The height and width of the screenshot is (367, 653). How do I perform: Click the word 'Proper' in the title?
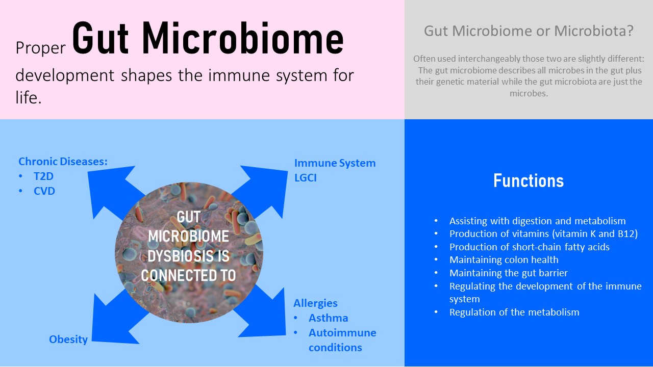(40, 47)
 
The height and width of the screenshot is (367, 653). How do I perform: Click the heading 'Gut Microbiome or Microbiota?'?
(529, 31)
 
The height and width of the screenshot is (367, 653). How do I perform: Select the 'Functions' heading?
(529, 180)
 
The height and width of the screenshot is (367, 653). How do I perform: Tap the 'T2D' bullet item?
(44, 176)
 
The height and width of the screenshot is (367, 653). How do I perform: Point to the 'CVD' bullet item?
(44, 191)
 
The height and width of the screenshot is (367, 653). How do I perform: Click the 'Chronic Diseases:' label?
(63, 162)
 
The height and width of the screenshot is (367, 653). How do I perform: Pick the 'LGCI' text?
(306, 178)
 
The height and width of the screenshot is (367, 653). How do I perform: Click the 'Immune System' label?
(335, 163)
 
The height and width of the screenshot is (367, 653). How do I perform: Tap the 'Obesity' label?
(68, 339)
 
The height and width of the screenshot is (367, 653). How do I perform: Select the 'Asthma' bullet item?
(328, 318)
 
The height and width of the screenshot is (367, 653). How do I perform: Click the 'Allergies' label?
(315, 303)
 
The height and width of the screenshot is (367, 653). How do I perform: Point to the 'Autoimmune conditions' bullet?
(342, 340)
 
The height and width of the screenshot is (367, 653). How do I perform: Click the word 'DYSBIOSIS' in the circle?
(188, 256)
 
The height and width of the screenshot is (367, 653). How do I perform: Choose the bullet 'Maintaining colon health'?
(504, 259)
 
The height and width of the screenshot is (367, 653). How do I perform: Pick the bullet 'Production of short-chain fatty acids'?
(529, 247)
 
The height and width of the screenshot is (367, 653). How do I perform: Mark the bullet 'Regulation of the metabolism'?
(514, 312)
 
